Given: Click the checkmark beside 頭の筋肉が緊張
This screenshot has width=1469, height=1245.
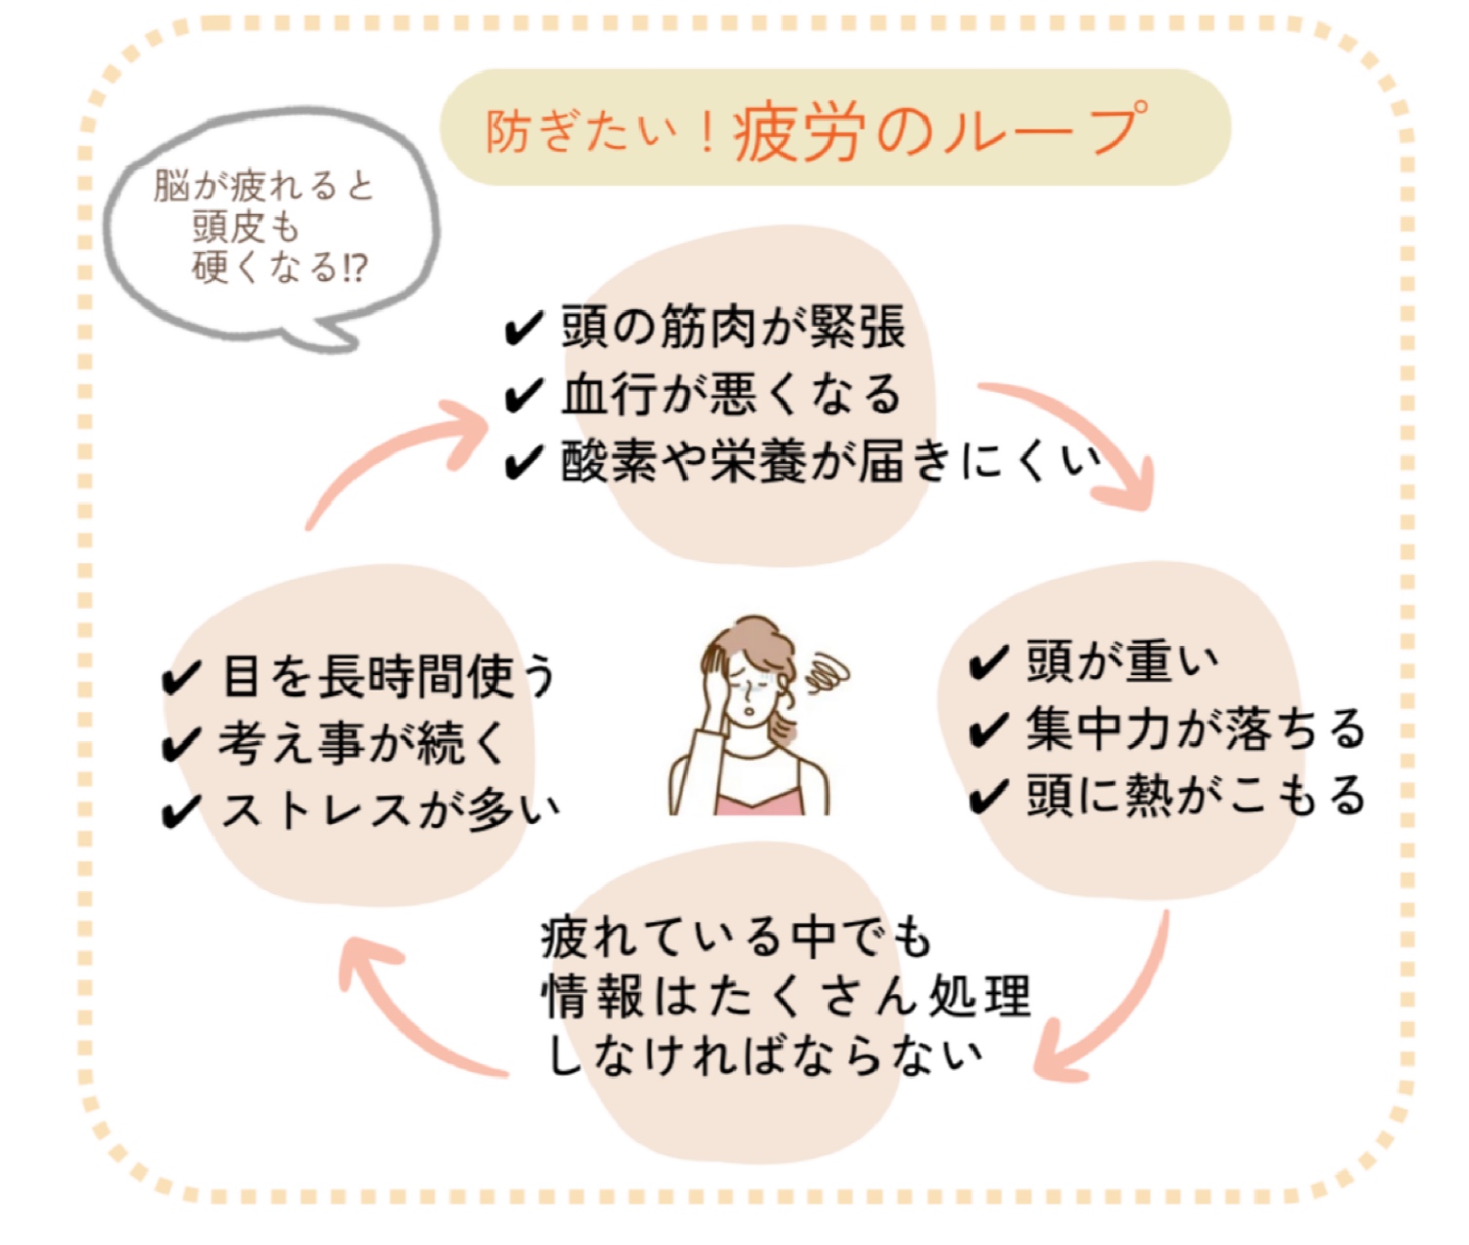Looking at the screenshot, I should point(523,329).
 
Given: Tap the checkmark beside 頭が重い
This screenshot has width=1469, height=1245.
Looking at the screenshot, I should point(988,663).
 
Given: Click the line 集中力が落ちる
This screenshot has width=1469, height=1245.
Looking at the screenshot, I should point(1195,729).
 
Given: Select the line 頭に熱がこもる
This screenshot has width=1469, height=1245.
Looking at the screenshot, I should point(1195,795).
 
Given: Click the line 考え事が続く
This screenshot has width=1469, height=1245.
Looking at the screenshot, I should point(362,743).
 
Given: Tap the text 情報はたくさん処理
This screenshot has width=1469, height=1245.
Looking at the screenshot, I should point(785,996).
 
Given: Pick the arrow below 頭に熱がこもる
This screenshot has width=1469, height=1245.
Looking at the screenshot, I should point(1109,1012).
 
